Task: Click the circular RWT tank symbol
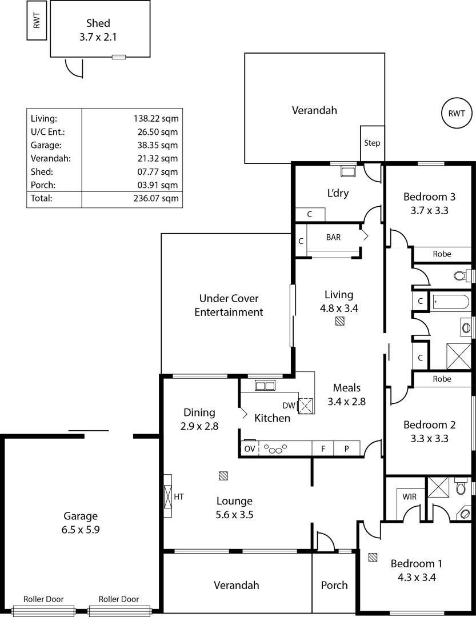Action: coord(457,113)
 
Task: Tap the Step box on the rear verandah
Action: coord(372,143)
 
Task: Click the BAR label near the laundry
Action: coord(333,237)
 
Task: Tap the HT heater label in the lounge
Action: coord(179,497)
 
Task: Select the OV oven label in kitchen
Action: coord(250,449)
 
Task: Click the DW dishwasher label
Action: coord(289,405)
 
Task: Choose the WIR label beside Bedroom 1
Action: coord(409,497)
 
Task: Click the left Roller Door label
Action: coord(43,599)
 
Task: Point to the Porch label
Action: coord(334,585)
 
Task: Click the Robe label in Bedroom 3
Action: coord(442,254)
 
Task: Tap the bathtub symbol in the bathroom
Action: coord(450,301)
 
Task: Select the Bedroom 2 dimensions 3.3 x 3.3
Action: coord(429,439)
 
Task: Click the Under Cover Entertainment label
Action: coord(229,305)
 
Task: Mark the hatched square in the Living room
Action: coord(340,322)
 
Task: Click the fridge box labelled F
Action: coord(323,449)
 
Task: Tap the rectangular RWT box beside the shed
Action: coord(37,22)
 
